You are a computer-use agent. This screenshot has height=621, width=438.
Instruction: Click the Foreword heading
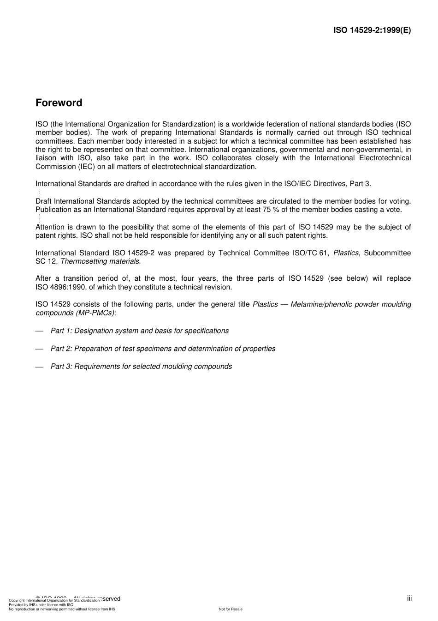click(x=59, y=103)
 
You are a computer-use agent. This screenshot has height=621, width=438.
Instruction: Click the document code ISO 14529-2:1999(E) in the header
click(x=372, y=30)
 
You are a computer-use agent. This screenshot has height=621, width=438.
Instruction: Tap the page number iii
click(x=409, y=598)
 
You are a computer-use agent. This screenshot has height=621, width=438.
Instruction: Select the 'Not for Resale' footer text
click(x=231, y=609)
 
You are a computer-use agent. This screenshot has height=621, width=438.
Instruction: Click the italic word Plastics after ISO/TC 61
click(x=346, y=253)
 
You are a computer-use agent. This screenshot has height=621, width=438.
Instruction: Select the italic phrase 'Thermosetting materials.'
click(x=101, y=261)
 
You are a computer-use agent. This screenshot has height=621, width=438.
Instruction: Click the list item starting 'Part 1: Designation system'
click(x=139, y=331)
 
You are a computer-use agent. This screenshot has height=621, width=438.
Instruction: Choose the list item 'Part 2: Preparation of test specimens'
click(x=163, y=349)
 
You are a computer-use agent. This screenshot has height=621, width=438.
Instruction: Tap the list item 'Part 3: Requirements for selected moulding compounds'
click(x=141, y=367)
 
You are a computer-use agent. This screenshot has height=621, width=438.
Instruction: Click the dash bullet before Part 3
click(x=39, y=367)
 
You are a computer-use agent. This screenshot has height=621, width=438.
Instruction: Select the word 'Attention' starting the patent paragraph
click(x=50, y=227)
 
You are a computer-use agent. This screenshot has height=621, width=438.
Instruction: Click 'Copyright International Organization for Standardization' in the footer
click(x=54, y=600)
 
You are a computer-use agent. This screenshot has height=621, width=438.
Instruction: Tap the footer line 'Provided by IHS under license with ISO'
click(x=41, y=605)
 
